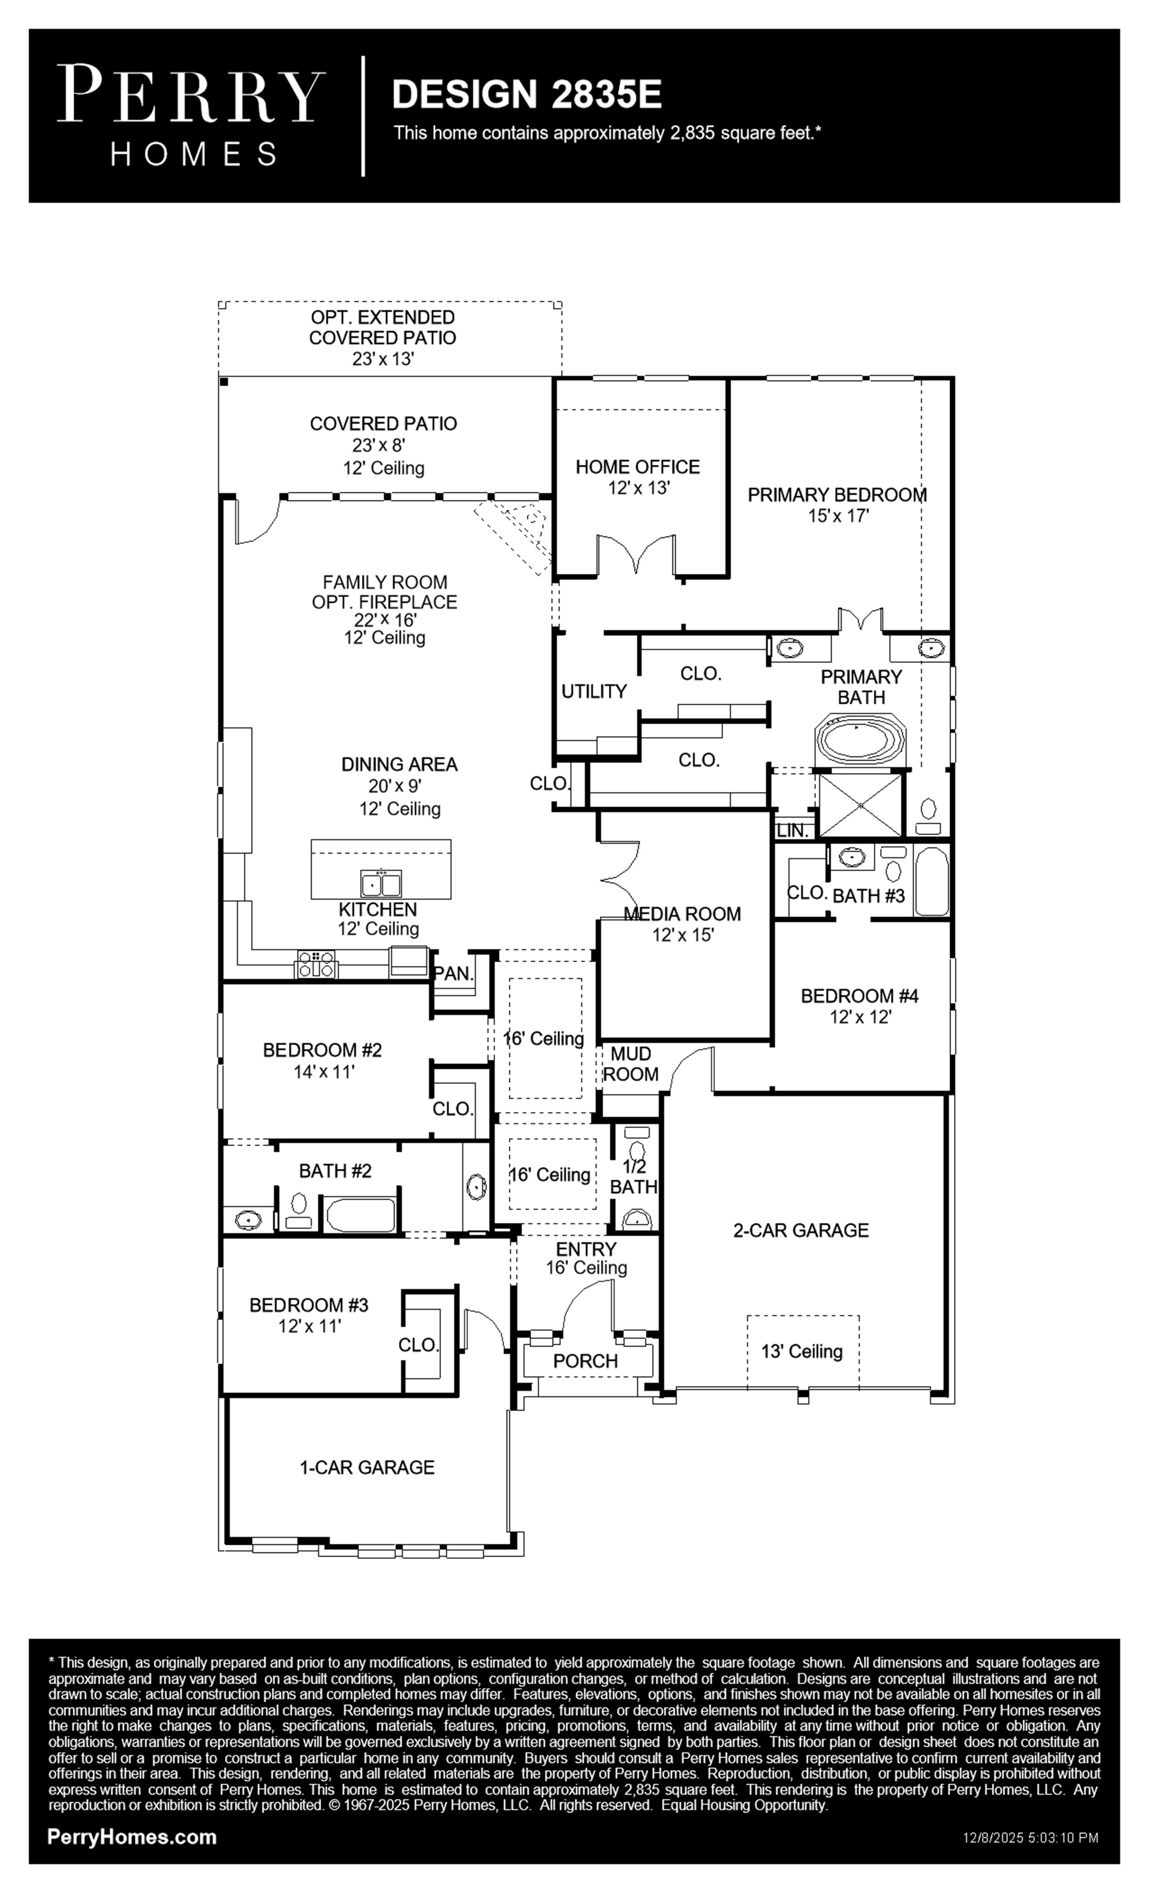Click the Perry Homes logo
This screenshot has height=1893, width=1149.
191,115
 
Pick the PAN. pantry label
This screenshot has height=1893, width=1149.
453,974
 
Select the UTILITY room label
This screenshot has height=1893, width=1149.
594,691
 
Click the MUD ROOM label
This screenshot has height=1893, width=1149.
630,1064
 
